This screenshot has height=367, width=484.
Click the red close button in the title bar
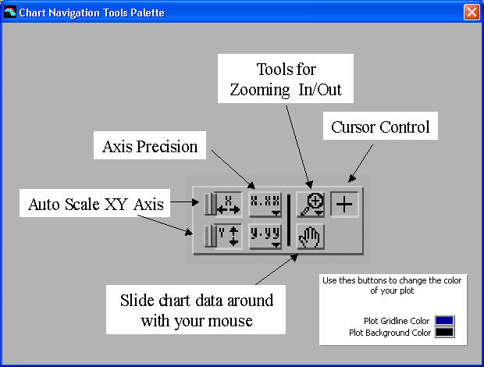click(471, 12)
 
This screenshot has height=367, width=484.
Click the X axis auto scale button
click(222, 205)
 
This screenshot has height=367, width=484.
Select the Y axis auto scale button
click(222, 235)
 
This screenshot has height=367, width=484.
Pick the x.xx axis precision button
click(265, 204)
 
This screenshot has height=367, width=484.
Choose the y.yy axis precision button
click(265, 235)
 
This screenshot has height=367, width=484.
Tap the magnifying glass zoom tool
click(311, 204)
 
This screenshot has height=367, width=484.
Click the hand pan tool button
click(310, 235)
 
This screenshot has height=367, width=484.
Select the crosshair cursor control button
click(343, 203)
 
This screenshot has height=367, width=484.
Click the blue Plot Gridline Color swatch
click(445, 320)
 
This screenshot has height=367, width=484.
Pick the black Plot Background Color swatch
click(445, 333)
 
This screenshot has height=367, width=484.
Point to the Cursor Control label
click(380, 126)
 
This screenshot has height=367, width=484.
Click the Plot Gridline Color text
click(397, 321)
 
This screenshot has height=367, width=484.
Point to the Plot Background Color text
click(391, 333)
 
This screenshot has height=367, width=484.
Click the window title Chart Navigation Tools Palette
click(91, 12)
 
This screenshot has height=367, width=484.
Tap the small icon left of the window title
click(9, 12)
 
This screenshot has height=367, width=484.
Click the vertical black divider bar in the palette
click(289, 219)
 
